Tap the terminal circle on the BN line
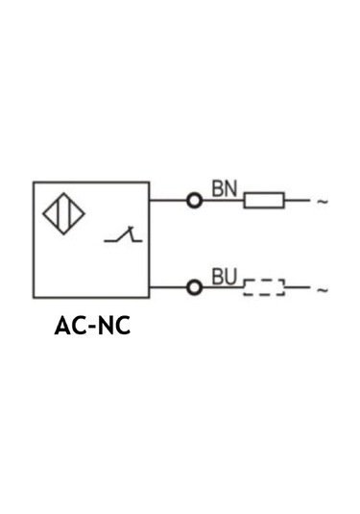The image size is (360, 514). (195, 201)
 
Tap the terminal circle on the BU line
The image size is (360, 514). (195, 287)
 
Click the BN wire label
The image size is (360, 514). (224, 188)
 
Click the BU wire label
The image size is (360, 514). (224, 277)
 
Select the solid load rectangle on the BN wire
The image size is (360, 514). (264, 201)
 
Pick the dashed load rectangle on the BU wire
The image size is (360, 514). (264, 287)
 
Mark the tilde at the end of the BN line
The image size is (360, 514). (323, 202)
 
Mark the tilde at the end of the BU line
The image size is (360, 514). (323, 288)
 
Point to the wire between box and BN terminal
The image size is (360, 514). (168, 201)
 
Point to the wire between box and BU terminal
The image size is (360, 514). (168, 287)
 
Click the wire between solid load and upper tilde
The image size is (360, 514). (297, 201)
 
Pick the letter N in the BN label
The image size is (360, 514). (230, 188)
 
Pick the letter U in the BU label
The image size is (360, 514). (230, 277)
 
